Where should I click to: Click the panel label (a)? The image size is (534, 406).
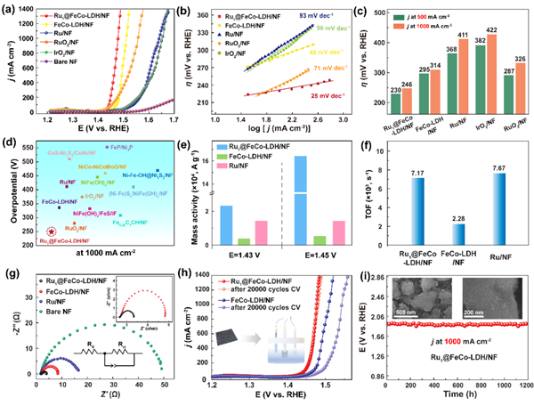(x=11, y=9)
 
